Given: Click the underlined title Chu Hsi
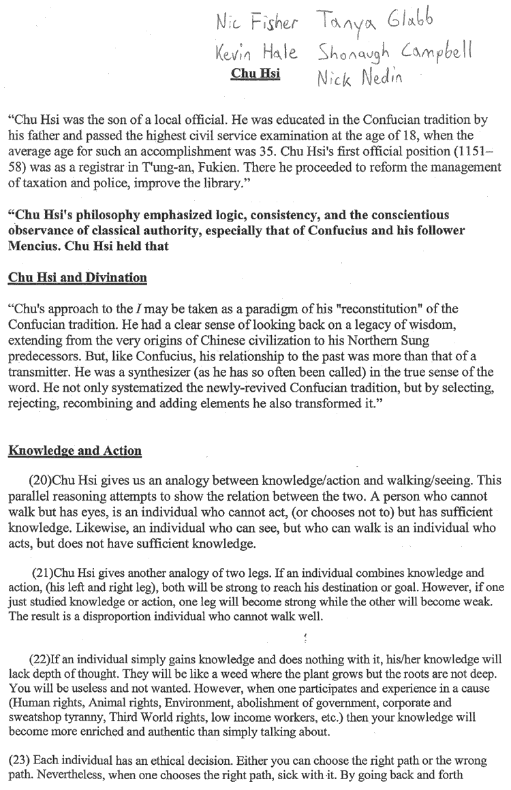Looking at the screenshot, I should pyautogui.click(x=255, y=73).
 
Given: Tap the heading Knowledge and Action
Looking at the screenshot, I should pyautogui.click(x=74, y=450).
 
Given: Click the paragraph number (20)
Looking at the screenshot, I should pyautogui.click(x=41, y=479).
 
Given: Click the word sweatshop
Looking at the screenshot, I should pyautogui.click(x=35, y=718).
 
